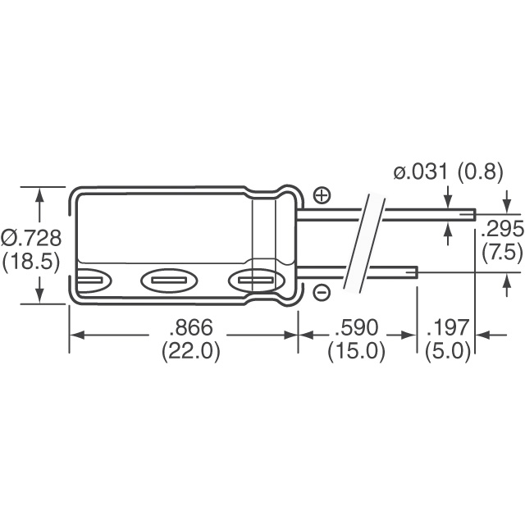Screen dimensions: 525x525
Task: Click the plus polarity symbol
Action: [322, 195]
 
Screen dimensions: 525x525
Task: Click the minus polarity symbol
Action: [322, 293]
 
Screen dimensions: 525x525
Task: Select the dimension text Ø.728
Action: [31, 238]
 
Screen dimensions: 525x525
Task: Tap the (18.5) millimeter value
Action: [31, 262]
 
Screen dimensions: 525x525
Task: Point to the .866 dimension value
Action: [191, 326]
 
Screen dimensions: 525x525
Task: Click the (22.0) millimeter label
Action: [191, 352]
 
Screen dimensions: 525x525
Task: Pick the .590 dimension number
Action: [356, 326]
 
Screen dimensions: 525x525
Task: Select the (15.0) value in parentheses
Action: [356, 352]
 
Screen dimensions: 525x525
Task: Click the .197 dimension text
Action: [448, 326]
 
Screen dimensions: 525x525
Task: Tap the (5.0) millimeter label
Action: [448, 352]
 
